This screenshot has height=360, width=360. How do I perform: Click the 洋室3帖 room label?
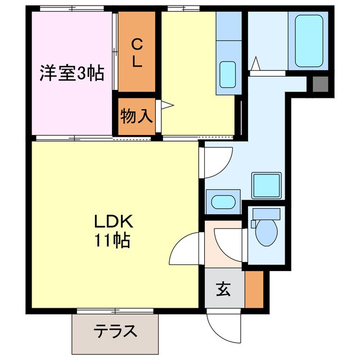pos(71,74)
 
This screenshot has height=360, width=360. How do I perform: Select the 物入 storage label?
pos(136,116)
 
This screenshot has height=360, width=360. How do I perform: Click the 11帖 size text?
pos(113,240)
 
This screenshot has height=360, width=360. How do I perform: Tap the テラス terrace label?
pos(115,331)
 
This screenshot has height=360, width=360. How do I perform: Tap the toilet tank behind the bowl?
pos(266,214)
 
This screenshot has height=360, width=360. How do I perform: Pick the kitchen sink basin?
pos(228,74)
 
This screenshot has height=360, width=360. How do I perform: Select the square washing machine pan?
pos(266,184)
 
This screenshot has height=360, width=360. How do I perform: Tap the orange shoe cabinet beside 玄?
pos(254,289)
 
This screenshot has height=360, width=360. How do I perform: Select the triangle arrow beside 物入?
pos(166,104)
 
